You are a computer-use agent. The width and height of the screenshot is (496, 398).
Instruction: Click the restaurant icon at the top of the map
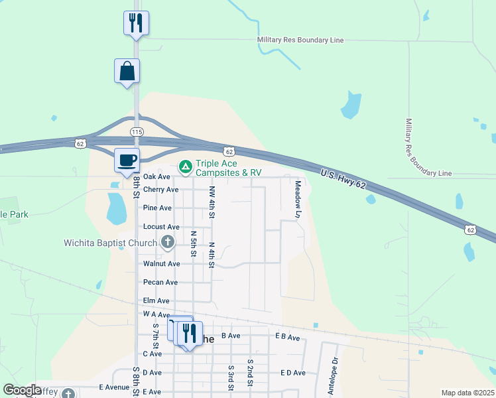click(136, 23)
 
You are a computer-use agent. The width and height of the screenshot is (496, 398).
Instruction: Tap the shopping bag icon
click(127, 71)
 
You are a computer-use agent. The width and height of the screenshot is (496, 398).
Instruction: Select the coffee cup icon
click(127, 160)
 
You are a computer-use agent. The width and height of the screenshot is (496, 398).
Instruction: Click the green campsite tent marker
click(186, 165)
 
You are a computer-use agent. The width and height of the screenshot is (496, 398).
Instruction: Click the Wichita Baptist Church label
click(110, 243)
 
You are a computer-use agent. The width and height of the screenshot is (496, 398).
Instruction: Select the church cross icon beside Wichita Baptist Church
click(168, 243)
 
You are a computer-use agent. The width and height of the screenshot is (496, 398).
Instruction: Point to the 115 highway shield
click(137, 132)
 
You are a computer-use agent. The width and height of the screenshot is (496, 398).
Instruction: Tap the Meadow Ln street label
click(298, 199)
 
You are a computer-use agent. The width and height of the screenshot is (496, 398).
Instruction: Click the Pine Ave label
click(157, 208)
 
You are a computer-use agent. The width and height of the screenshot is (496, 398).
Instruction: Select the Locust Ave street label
click(161, 227)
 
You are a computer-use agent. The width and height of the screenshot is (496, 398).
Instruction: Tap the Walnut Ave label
click(161, 263)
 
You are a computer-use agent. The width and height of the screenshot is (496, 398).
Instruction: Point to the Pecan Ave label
click(160, 282)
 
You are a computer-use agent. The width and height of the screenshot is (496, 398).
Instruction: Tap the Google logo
click(23, 390)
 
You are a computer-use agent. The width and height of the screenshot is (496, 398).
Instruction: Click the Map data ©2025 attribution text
click(467, 393)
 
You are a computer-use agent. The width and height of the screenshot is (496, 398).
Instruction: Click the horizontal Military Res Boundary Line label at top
click(300, 40)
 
